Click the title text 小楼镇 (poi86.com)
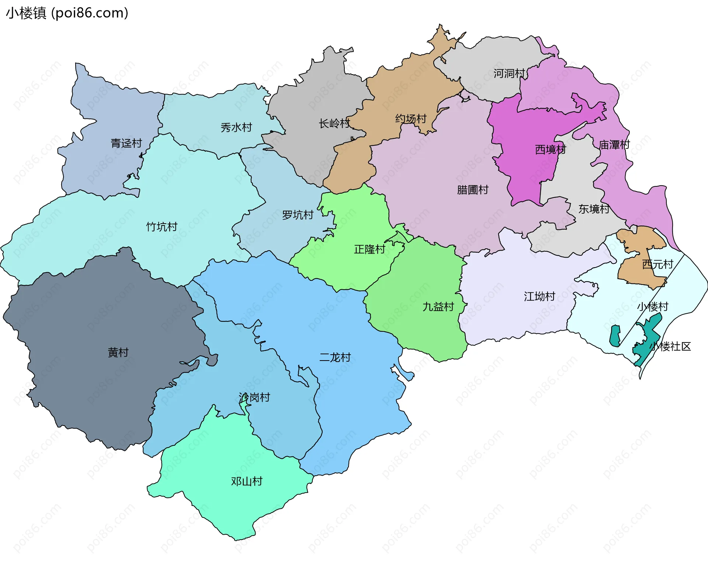pos(67,13)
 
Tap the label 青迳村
pos(126,143)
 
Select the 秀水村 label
pos(236,127)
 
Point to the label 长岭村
pos(334,123)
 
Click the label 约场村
pos(411,118)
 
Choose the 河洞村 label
pos(509,73)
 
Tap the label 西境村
pos(550,149)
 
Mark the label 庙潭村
pos(614,145)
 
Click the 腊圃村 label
pos(472,190)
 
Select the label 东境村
pos(594,209)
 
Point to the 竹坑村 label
pos(162,227)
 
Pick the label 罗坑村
pos(298,215)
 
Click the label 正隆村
pos(369,249)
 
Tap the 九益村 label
pos(438,307)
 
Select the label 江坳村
pos(539,296)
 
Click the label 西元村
pos(657,264)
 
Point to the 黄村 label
pos(118,352)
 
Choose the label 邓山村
pos(247,481)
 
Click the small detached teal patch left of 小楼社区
pos(615,336)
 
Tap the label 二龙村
pos(335,357)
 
